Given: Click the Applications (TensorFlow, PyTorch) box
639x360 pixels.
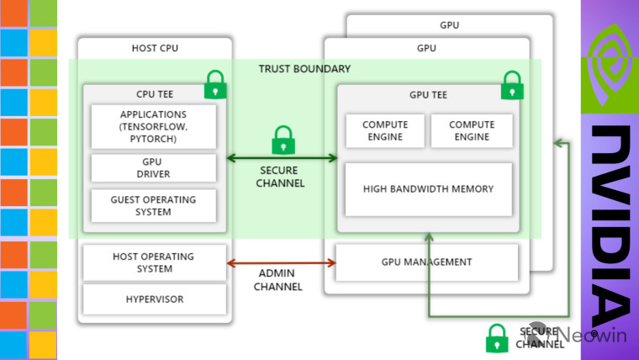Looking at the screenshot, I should [153, 126].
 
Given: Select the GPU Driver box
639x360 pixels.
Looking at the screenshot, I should [153, 167].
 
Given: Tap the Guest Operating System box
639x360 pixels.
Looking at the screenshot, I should [153, 205].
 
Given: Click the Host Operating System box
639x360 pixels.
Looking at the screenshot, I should [153, 262].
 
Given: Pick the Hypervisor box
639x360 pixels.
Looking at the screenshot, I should [153, 299].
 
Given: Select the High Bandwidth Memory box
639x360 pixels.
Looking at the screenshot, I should [428, 188].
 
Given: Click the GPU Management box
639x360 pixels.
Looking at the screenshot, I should [428, 262].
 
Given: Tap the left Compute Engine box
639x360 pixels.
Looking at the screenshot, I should [384, 130].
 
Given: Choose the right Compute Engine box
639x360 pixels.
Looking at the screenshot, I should [471, 130].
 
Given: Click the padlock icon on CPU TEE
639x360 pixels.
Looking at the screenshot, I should [216, 84].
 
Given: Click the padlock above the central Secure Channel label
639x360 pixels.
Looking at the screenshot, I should [283, 140].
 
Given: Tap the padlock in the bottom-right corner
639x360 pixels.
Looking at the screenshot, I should [497, 338].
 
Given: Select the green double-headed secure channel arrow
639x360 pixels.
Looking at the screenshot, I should [282, 157].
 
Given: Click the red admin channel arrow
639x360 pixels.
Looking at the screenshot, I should [282, 262].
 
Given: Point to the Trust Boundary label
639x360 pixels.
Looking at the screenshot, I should [304, 69].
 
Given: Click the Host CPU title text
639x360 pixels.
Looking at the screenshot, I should [156, 48].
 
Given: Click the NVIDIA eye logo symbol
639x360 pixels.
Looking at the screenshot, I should [610, 63].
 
